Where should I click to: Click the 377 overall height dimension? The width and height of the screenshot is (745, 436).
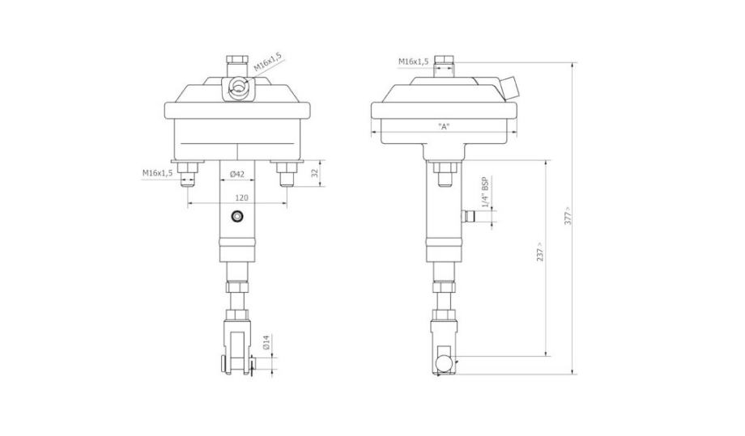pos(568,216)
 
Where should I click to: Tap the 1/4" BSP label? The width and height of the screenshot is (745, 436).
pos(484,193)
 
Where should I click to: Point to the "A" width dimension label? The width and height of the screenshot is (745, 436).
pos(444,126)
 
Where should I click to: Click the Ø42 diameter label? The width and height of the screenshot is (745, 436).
pos(236,174)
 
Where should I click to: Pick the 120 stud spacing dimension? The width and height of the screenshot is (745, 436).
pos(242,197)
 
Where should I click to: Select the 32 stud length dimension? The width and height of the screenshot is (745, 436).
pos(314,173)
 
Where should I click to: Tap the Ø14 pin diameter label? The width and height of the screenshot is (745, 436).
pos(266,342)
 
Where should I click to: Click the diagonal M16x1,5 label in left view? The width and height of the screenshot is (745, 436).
pos(267,61)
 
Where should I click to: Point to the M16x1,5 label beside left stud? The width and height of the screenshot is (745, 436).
pos(158,172)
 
